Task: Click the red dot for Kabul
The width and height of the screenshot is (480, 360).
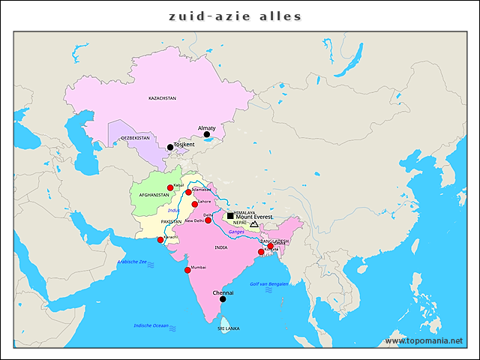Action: pyautogui.click(x=170, y=187)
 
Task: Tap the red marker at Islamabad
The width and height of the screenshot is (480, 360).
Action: pyautogui.click(x=189, y=193)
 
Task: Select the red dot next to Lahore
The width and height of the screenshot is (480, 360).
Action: pyautogui.click(x=195, y=204)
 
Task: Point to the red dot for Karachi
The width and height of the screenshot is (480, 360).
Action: pyautogui.click(x=160, y=240)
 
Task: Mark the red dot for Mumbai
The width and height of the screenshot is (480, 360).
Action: pyautogui.click(x=187, y=270)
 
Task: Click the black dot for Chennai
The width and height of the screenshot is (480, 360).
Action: pyautogui.click(x=223, y=299)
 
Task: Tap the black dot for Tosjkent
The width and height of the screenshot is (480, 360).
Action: pyautogui.click(x=170, y=147)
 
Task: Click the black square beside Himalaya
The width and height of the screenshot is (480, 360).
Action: pyautogui.click(x=230, y=216)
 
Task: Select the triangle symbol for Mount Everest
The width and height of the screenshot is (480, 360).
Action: pyautogui.click(x=254, y=224)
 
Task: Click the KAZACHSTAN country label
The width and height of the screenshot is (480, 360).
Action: pyautogui.click(x=162, y=98)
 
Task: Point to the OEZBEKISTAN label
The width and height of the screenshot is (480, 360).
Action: pyautogui.click(x=135, y=139)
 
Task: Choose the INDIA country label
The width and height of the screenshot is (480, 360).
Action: pyautogui.click(x=220, y=247)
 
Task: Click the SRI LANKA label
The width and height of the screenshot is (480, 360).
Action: pyautogui.click(x=228, y=328)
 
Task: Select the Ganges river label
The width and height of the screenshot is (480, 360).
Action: pyautogui.click(x=236, y=232)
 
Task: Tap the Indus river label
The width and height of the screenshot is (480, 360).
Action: pyautogui.click(x=173, y=210)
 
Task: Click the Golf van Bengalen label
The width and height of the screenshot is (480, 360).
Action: pyautogui.click(x=268, y=284)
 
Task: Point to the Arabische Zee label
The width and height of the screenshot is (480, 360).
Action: pyautogui.click(x=133, y=262)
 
